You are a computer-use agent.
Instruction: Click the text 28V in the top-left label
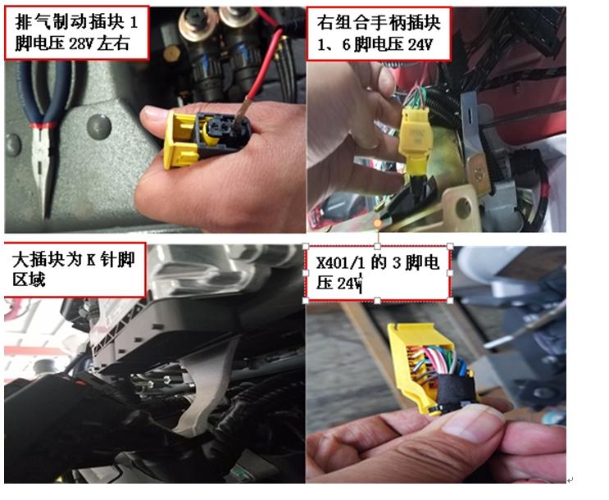(76, 43)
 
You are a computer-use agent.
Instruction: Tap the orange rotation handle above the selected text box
(378, 223)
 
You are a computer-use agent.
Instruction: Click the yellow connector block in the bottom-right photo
(410, 361)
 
